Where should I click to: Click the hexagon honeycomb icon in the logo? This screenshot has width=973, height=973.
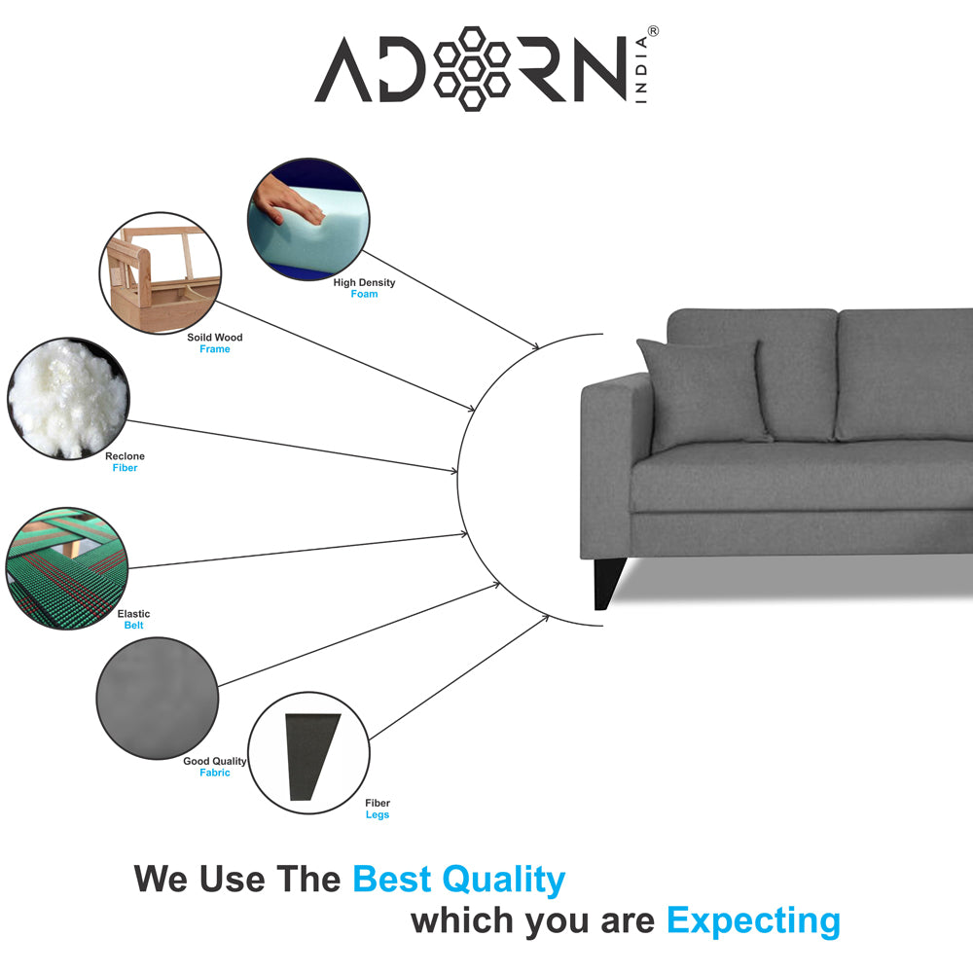point(472,68)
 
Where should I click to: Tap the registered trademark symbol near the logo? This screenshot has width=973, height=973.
point(653,31)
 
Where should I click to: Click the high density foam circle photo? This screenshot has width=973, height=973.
point(308,218)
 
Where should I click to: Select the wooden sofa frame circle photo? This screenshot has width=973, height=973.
point(161,273)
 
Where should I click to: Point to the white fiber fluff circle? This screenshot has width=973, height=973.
point(68,398)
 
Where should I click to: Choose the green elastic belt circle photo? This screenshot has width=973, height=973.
point(66,568)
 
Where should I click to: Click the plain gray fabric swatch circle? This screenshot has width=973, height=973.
point(158,698)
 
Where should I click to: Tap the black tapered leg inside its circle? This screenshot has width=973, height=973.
point(311,756)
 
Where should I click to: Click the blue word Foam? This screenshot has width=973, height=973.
point(364,294)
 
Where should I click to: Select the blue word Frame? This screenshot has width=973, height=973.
point(215,349)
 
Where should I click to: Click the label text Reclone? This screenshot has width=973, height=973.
point(125,456)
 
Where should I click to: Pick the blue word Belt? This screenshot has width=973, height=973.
point(133,626)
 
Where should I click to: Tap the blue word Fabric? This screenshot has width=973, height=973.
point(215,773)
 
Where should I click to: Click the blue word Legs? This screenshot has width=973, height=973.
point(378,814)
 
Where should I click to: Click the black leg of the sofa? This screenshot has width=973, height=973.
point(609,583)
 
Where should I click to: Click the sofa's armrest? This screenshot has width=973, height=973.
point(614,465)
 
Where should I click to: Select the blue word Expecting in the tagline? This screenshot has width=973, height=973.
point(753,921)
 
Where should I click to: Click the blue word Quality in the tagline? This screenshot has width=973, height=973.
point(503,880)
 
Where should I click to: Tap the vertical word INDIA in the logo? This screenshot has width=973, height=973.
point(641,69)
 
